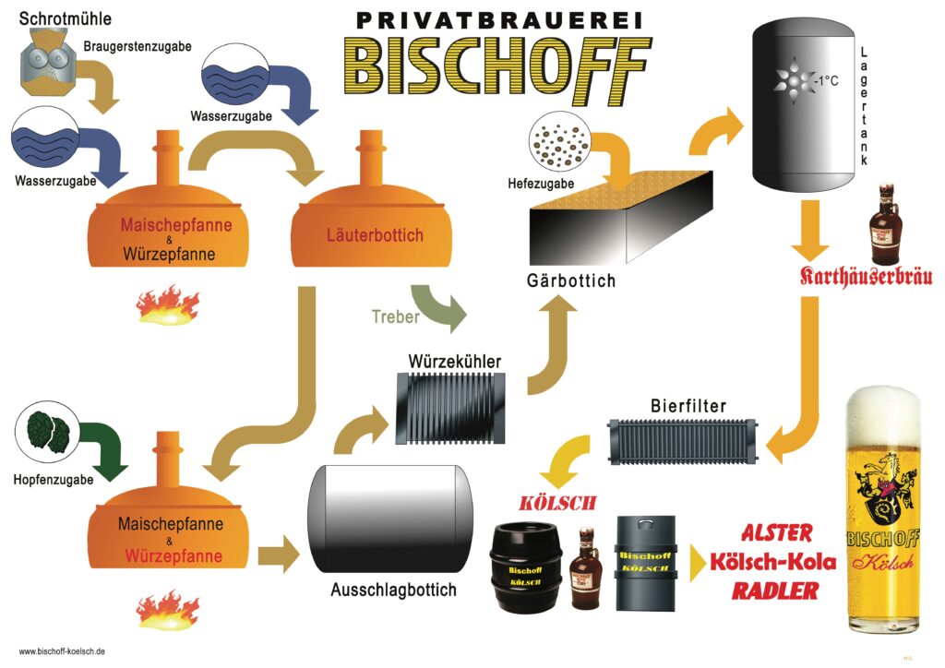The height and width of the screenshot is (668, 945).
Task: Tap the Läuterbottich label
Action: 375,234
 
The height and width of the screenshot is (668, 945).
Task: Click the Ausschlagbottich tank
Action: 389,519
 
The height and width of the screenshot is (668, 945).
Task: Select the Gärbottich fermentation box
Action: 618,221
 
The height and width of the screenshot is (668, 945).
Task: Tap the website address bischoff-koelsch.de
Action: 62,651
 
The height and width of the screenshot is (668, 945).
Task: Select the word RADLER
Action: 775,590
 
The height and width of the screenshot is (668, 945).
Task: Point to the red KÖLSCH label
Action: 557,504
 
